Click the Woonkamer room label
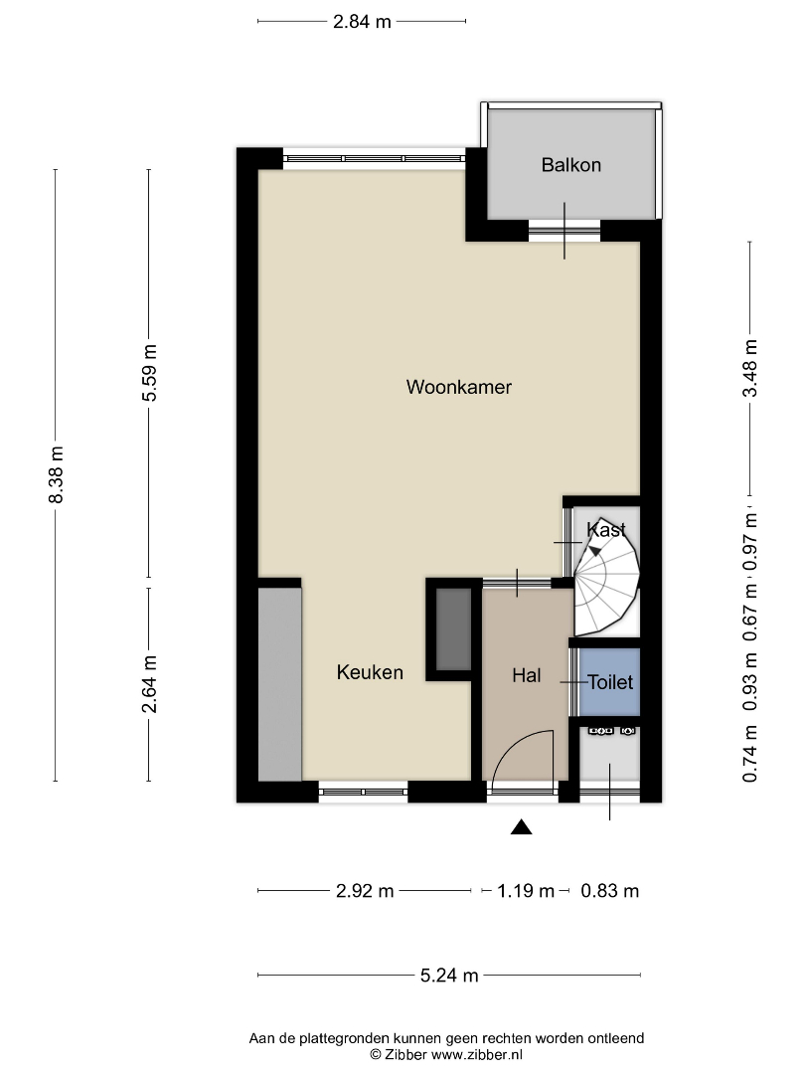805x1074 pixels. tap(458, 387)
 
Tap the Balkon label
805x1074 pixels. tap(570, 165)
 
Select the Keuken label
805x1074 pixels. tap(370, 672)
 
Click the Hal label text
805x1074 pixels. tap(527, 675)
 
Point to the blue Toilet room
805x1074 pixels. tap(609, 682)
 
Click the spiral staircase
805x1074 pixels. tap(606, 577)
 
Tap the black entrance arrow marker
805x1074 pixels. tap(522, 827)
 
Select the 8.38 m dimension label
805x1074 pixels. tap(56, 474)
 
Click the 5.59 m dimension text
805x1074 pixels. tap(150, 373)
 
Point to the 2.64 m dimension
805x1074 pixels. tap(150, 683)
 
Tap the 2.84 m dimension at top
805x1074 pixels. tap(362, 22)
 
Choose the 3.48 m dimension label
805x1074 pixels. tap(750, 368)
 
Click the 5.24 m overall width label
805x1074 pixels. tap(449, 976)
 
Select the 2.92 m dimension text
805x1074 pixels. tap(365, 890)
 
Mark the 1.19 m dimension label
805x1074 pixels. tap(526, 890)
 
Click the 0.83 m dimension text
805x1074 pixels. tap(610, 890)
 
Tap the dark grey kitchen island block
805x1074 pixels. tap(454, 629)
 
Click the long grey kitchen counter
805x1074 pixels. tap(280, 685)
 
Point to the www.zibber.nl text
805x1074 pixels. tap(477, 1055)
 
